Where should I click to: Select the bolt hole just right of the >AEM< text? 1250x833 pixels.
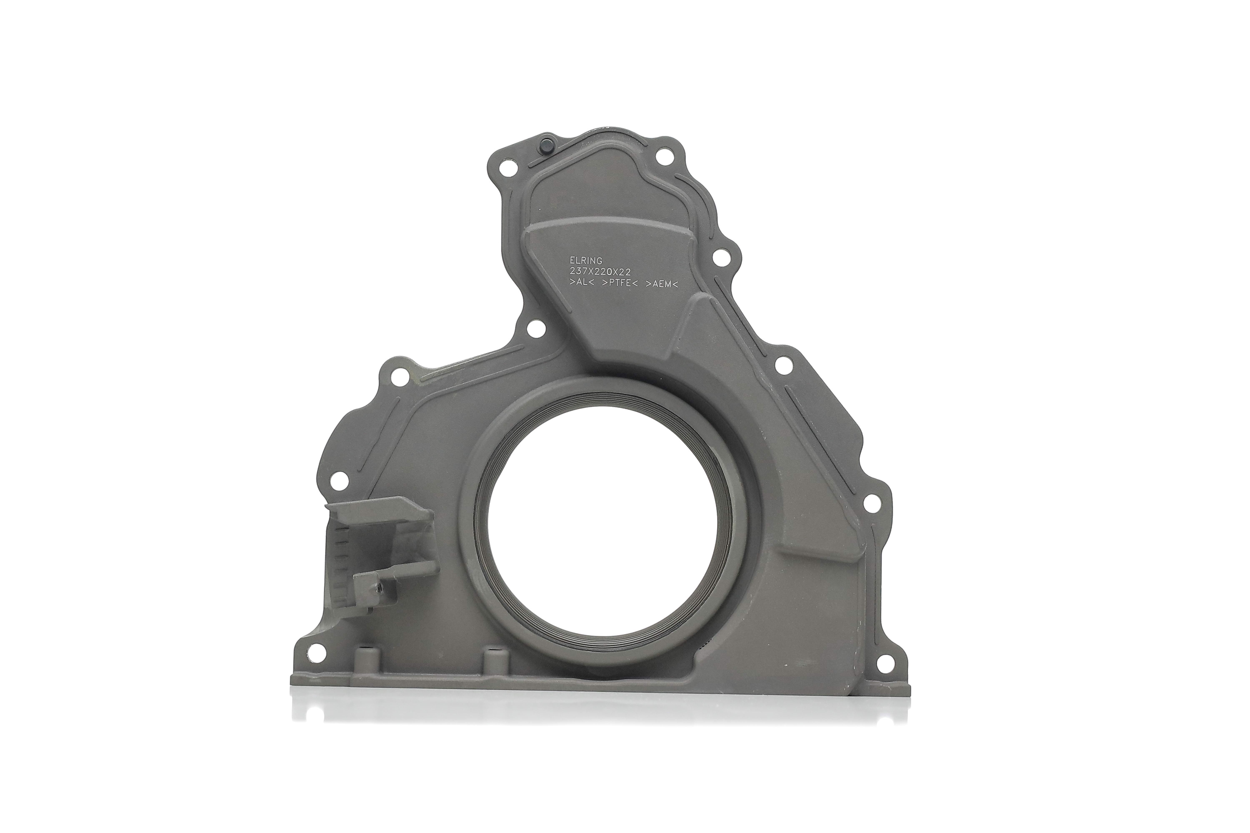coord(721,259)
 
